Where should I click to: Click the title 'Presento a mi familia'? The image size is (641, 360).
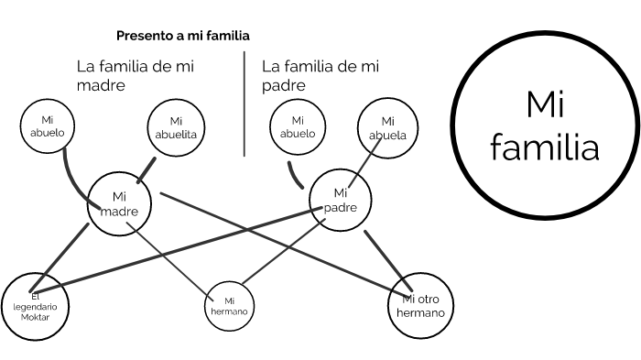tap(183, 36)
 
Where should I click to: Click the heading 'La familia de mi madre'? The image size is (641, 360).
tap(135, 75)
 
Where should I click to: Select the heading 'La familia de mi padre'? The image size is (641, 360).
tap(320, 75)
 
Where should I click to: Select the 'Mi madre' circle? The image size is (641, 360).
tap(118, 203)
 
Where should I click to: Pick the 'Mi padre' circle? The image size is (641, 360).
tap(341, 200)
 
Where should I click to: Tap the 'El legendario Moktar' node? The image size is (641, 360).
tap(36, 306)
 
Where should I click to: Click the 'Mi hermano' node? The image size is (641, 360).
tap(230, 305)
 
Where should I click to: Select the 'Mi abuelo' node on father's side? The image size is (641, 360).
tap(297, 126)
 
